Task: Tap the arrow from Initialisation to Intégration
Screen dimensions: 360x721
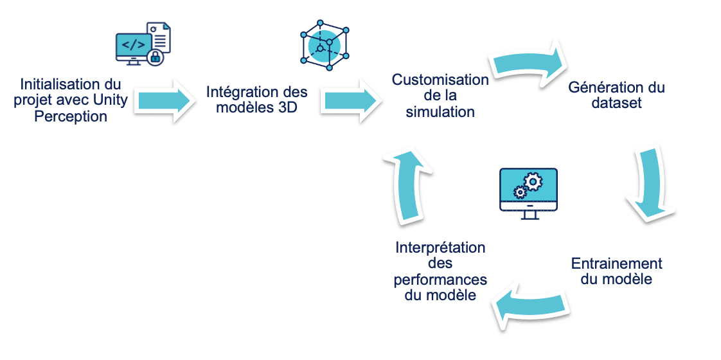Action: (165, 100)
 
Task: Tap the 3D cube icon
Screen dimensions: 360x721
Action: (325, 46)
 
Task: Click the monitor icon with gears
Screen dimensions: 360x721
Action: (528, 192)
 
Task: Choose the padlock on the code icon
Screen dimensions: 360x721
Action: (154, 58)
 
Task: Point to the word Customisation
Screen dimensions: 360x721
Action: (440, 80)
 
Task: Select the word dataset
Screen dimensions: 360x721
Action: (616, 103)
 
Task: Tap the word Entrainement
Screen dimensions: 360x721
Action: (616, 264)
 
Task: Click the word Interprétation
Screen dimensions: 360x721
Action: (440, 248)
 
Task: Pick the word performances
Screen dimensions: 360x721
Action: (440, 280)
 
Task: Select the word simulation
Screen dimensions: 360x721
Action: (440, 112)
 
